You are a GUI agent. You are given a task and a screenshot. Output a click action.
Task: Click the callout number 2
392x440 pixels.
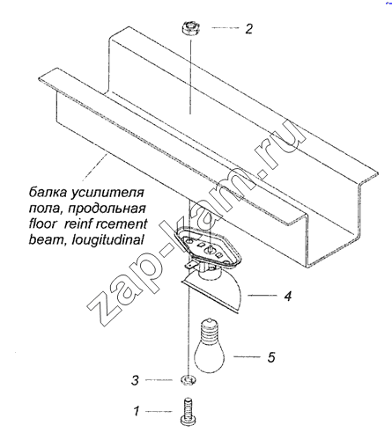(248, 29)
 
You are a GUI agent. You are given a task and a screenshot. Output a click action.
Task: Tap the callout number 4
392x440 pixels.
(288, 296)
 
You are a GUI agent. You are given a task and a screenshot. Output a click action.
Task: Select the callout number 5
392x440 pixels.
(271, 357)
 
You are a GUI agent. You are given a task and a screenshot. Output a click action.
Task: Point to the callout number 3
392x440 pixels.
(135, 380)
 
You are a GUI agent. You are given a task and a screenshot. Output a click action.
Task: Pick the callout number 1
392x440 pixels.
(137, 411)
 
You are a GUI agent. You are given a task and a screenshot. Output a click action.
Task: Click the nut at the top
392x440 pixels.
(190, 28)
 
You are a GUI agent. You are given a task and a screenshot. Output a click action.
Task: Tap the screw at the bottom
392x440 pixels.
(189, 412)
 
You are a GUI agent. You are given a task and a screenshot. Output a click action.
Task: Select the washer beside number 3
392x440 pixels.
(188, 380)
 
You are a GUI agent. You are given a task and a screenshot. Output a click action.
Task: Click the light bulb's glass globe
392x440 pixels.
(209, 356)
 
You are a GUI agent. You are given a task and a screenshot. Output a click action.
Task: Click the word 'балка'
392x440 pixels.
(48, 193)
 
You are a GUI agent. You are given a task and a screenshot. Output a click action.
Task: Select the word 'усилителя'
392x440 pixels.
(107, 193)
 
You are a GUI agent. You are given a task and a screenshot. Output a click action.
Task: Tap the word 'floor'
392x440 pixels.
(42, 224)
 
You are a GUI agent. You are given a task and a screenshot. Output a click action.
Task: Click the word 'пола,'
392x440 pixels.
(47, 209)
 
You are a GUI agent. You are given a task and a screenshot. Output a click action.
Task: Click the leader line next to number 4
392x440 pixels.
(263, 296)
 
